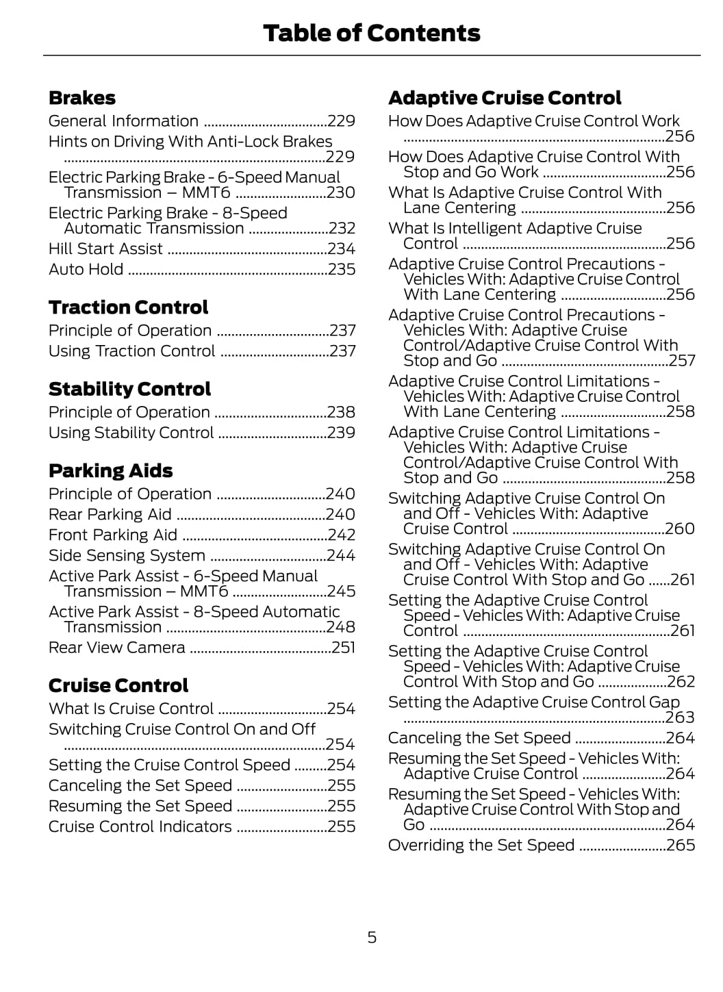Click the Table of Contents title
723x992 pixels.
pos(371,33)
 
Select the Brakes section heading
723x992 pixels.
pos(81,98)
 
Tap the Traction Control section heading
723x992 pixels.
pos(128,307)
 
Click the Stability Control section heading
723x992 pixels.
pos(129,389)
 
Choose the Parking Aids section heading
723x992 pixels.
pos(110,471)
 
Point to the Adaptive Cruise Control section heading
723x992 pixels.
pos(504,98)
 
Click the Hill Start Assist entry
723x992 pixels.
pos(105,249)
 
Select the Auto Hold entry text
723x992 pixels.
pos(86,269)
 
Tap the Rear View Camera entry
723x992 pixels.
pos(116,648)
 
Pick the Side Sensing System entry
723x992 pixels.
pos(127,555)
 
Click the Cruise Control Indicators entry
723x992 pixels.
pos(140,826)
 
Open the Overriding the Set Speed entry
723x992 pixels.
pos(481,845)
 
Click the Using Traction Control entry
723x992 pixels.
pos(131,351)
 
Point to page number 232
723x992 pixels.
pos(342,229)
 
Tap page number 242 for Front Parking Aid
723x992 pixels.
pos(341,535)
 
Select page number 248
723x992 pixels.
pos(341,627)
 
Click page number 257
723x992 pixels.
pos(681,361)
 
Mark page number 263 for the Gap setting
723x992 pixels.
pos(680,717)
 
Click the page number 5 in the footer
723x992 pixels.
pos(372,937)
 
